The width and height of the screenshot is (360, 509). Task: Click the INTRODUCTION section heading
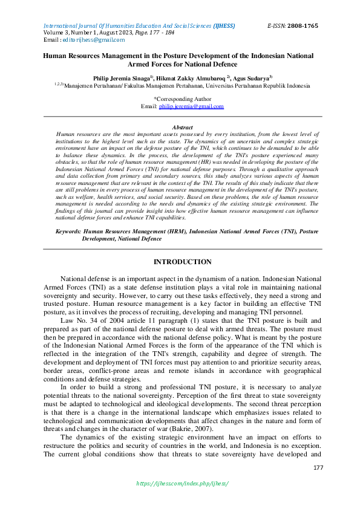pyautogui.click(x=182, y=262)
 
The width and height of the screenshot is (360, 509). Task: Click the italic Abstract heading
pyautogui.click(x=182, y=128)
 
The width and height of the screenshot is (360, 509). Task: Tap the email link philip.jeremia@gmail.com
pyautogui.click(x=191, y=106)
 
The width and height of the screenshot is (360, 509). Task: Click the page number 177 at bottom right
pyautogui.click(x=318, y=468)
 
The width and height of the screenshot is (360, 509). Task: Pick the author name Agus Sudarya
pyautogui.click(x=249, y=79)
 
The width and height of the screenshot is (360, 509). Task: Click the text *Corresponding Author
pyautogui.click(x=182, y=99)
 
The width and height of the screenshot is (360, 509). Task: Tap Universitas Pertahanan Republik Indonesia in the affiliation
pyautogui.click(x=254, y=86)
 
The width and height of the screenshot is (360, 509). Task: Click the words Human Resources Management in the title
pyautogui.click(x=90, y=56)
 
